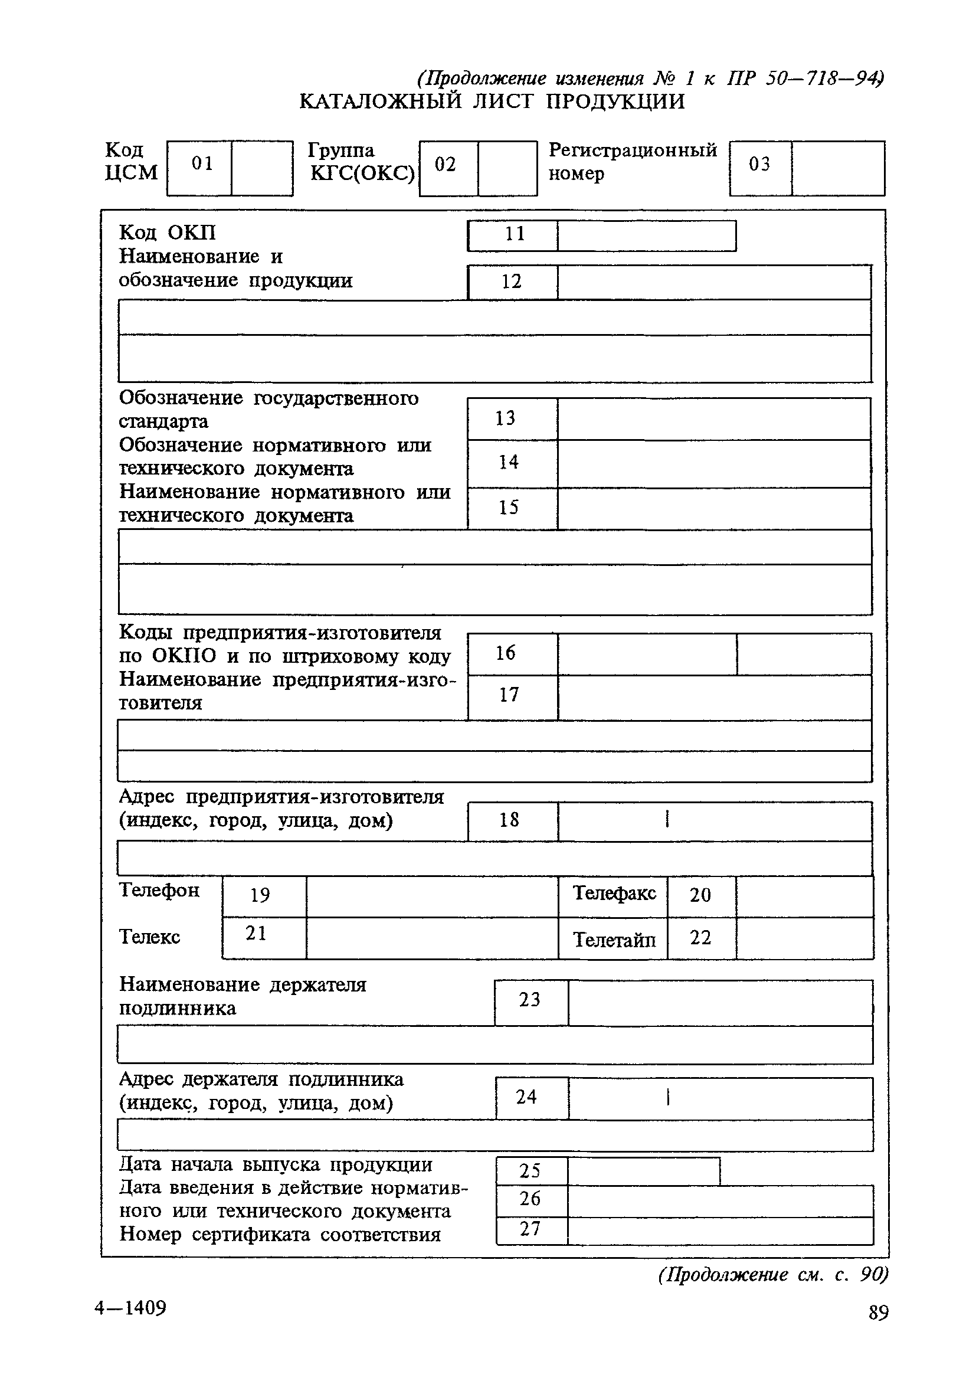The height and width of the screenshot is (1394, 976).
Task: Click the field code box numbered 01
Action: pos(199,168)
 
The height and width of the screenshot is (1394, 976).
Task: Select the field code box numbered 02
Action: pos(448,168)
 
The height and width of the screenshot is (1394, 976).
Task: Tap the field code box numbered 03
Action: pos(761,168)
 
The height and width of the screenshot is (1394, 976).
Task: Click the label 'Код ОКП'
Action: pos(167,233)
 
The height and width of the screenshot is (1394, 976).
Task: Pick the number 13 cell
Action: pos(512,419)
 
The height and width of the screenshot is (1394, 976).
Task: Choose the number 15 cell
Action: pos(512,508)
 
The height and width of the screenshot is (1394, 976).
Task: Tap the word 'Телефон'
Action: pos(159,891)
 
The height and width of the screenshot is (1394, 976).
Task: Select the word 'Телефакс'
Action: pos(614,894)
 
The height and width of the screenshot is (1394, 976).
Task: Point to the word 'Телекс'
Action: pos(149,937)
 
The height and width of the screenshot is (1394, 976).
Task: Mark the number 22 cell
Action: pos(701,938)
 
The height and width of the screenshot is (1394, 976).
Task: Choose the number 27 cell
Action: pos(531,1230)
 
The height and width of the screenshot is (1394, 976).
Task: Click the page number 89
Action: pos(878,1313)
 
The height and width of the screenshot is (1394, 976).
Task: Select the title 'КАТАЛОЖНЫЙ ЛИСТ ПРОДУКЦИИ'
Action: pos(492,102)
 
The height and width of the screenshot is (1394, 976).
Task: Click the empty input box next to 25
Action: pos(643,1170)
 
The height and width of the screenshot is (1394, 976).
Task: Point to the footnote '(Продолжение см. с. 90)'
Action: pos(772,1274)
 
